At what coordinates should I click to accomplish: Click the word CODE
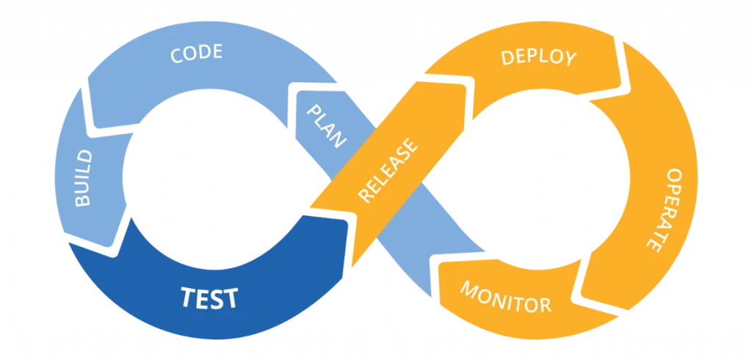pyautogui.click(x=196, y=54)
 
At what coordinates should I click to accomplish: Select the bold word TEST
pyautogui.click(x=209, y=298)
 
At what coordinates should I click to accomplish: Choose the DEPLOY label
pyautogui.click(x=538, y=57)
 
